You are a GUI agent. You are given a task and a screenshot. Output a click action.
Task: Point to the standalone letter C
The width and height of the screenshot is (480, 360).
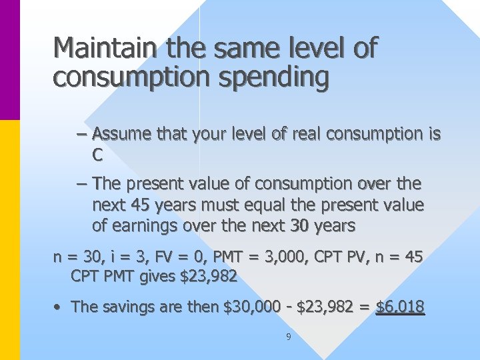click(97, 156)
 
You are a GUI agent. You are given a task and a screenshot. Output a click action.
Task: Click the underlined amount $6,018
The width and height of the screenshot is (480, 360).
click(400, 307)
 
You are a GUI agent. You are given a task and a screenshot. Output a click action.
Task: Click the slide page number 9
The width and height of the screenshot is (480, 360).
click(288, 337)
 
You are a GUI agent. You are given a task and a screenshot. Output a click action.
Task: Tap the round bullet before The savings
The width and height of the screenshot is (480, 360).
click(59, 307)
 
